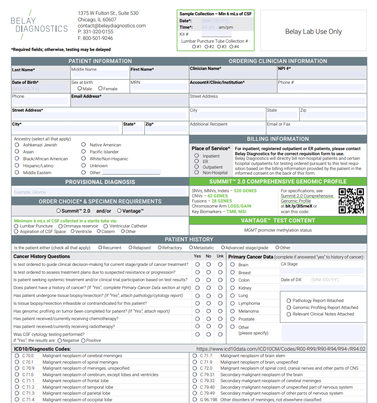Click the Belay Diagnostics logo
39,24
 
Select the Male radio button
80,88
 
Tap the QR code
352,201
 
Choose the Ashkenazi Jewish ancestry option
17,145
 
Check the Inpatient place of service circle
197,156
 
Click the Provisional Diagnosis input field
99,192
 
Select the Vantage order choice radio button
119,211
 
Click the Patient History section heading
189,239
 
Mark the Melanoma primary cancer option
232,311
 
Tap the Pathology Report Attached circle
289,301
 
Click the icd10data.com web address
281,349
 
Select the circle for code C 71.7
195,356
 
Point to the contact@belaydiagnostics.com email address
112,26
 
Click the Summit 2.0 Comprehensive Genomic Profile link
307,198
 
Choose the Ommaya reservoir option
61,226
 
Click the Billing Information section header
278,139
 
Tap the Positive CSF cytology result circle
83,340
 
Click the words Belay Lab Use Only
313,32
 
